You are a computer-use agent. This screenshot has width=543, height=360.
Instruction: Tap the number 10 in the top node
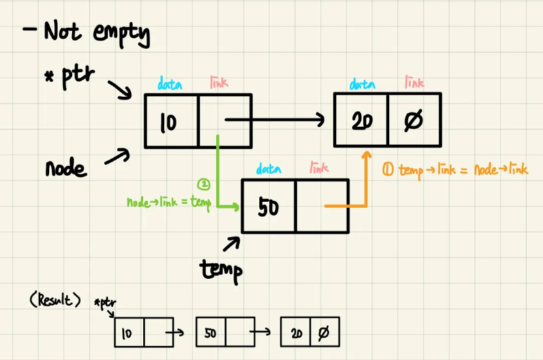tap(168, 123)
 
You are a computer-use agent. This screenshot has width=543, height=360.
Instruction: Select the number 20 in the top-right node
tap(362, 121)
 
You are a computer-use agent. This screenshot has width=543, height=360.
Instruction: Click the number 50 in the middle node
tap(268, 207)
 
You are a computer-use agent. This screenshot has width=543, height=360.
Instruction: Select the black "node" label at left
tap(65, 168)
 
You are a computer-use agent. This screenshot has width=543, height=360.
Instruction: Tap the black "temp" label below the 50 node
tap(221, 268)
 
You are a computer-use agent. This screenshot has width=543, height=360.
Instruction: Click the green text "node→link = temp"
tap(169, 203)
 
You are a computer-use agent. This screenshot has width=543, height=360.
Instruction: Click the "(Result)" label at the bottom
tap(55, 301)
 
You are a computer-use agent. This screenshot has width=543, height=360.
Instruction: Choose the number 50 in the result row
tap(209, 333)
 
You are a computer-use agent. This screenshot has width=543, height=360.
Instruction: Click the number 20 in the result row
tap(296, 333)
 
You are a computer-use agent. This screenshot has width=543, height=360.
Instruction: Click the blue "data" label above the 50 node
tap(268, 169)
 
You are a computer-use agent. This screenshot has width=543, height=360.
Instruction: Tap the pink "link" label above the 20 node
tap(414, 83)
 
